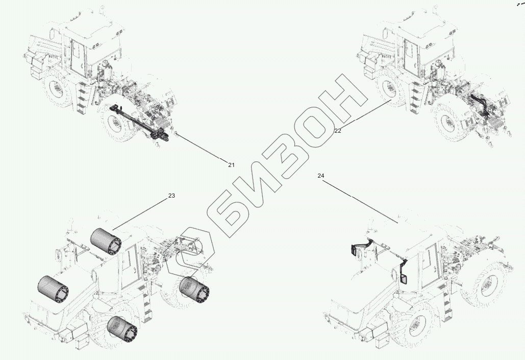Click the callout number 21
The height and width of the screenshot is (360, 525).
(231, 165)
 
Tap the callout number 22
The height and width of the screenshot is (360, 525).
(338, 131)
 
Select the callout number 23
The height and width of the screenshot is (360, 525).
(171, 196)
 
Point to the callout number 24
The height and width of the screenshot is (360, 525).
(321, 176)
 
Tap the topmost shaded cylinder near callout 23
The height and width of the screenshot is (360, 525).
(106, 242)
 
